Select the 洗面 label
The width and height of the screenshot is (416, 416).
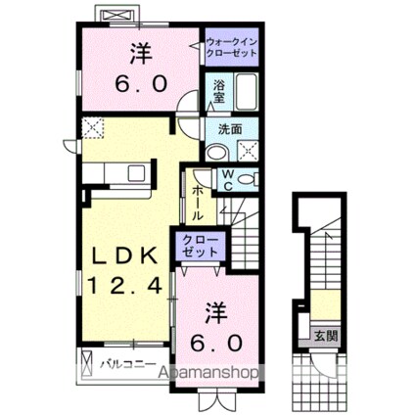coord(231,128)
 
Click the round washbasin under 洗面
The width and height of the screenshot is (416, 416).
coord(218,151)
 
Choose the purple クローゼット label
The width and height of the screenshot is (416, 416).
coord(202,245)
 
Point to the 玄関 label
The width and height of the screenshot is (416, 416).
coord(324,335)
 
